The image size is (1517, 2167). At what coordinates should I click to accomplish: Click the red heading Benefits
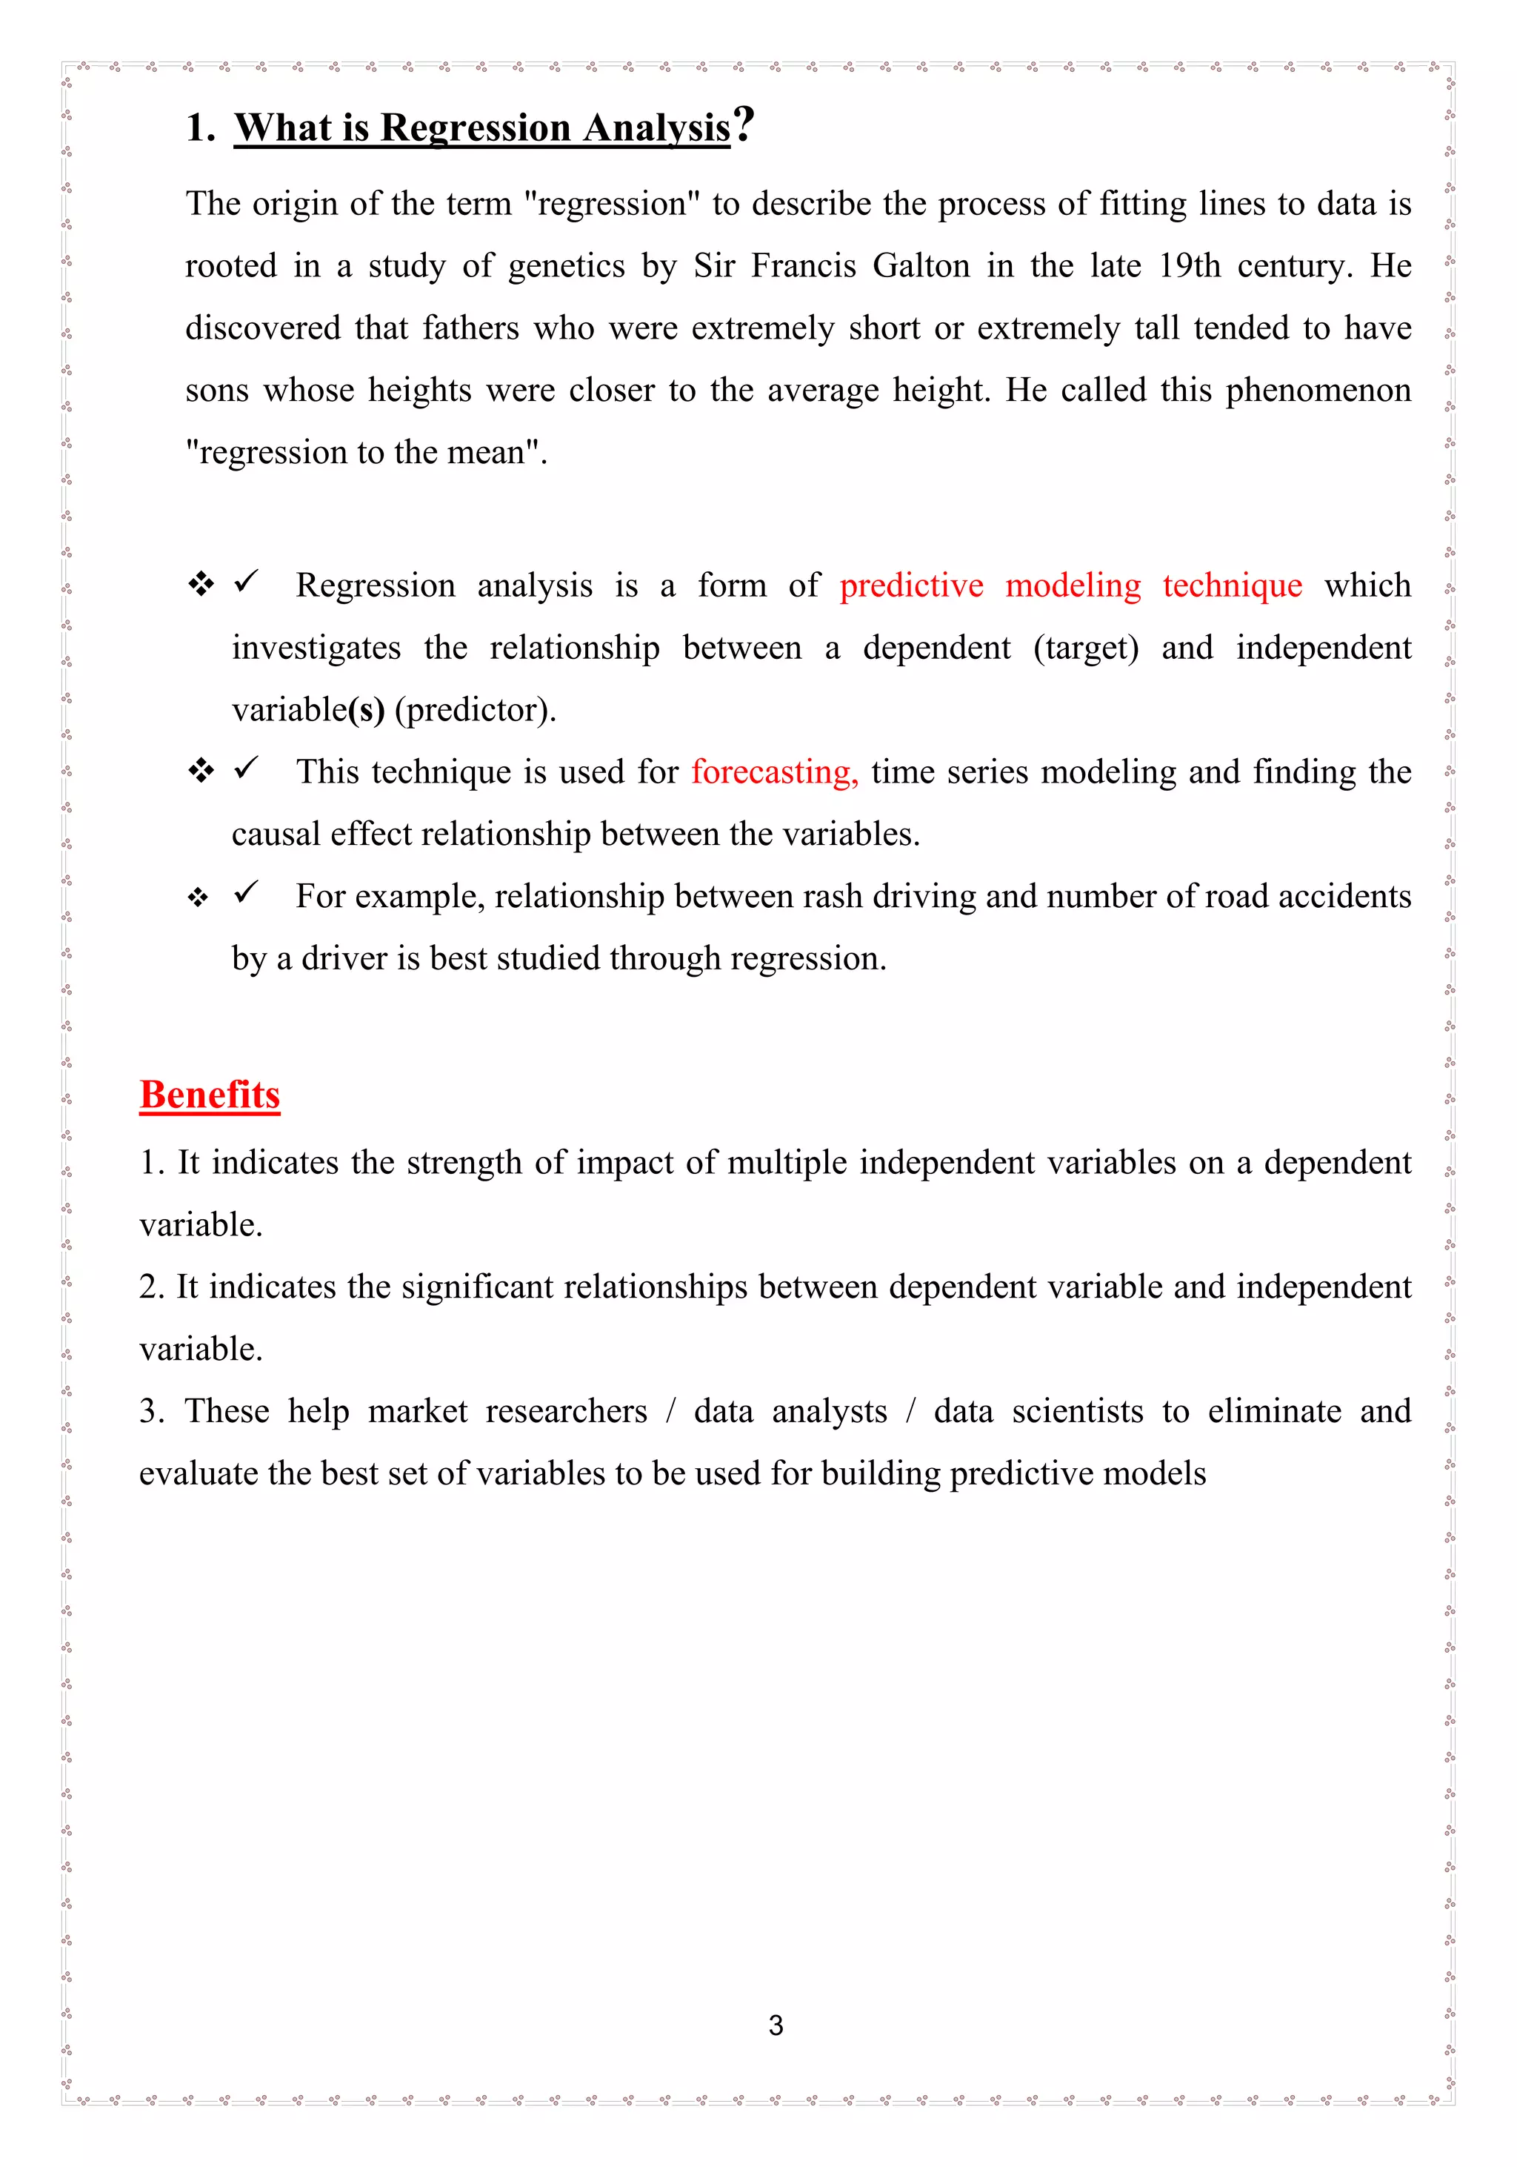210,1095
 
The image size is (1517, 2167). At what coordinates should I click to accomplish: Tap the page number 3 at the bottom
776,2025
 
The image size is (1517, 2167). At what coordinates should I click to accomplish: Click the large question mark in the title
744,125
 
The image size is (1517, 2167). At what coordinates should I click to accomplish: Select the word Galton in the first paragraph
921,266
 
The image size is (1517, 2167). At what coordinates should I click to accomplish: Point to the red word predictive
911,586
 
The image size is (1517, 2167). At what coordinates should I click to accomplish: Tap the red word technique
1232,586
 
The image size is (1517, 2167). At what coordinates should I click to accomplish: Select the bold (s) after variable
367,710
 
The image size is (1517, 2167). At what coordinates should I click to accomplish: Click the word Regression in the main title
476,128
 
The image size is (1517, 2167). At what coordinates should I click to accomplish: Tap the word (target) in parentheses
1086,648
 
